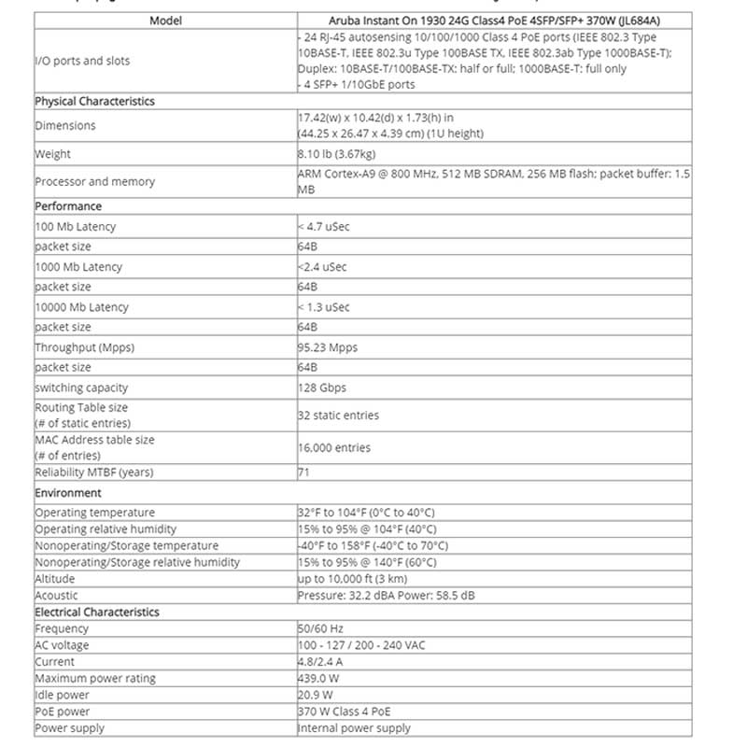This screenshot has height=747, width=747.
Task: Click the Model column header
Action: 165,20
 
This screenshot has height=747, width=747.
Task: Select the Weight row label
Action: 52,154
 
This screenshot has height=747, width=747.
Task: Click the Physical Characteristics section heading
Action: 94,101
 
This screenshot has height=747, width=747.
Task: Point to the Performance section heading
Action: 68,205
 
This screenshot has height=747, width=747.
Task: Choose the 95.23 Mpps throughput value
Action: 327,347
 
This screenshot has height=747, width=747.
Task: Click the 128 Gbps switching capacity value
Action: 321,388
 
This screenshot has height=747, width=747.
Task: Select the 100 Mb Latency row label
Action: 75,226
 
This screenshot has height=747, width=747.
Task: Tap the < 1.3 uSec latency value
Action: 324,307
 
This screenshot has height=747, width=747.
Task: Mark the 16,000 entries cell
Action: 333,448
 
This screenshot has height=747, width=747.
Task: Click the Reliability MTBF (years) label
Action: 93,472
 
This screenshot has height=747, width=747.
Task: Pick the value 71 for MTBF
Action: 303,472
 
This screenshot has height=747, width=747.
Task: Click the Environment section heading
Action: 68,492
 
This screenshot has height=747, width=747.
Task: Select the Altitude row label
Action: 56,579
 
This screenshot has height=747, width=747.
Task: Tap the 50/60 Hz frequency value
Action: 320,629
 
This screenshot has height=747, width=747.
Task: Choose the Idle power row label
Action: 62,695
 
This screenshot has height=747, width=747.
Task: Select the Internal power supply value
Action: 354,728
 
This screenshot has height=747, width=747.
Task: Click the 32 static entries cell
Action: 338,416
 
